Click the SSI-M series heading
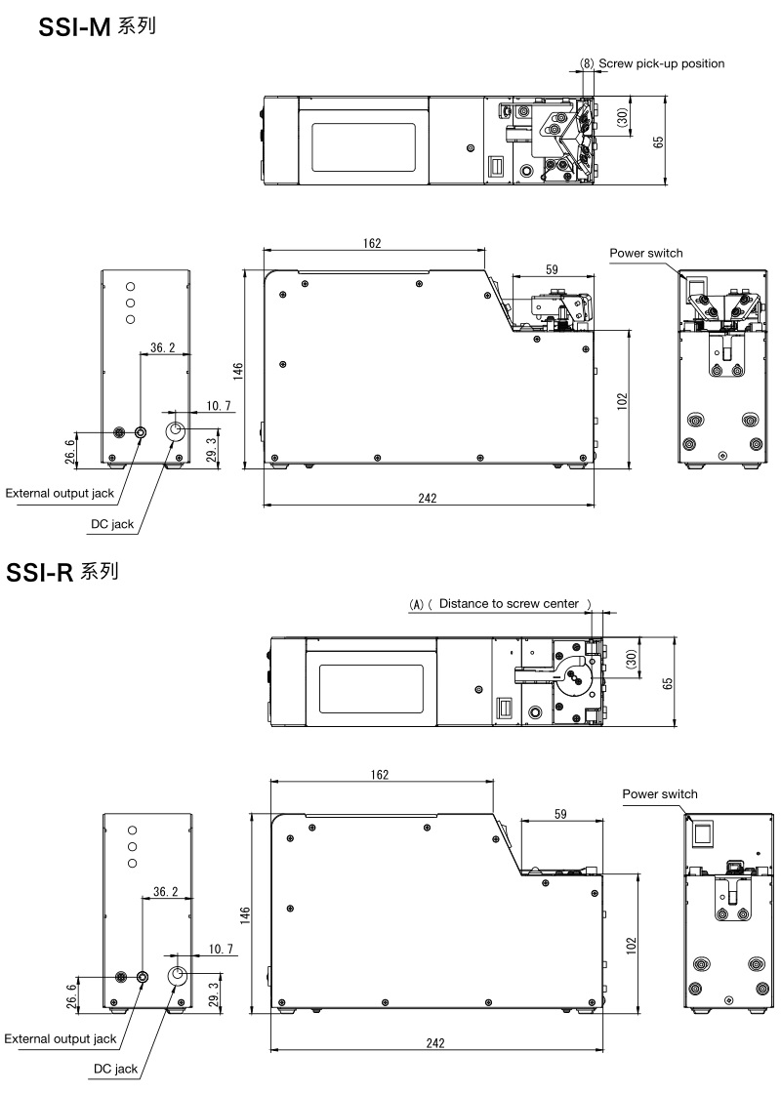point(97,26)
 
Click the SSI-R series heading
point(62,572)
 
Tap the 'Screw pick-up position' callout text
point(662,63)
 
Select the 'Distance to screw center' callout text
point(509,603)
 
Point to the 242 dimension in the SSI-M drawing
point(428,498)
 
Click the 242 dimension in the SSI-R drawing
point(434,1043)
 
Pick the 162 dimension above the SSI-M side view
point(372,243)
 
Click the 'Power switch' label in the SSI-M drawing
point(646,254)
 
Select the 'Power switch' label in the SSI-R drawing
point(660,794)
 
